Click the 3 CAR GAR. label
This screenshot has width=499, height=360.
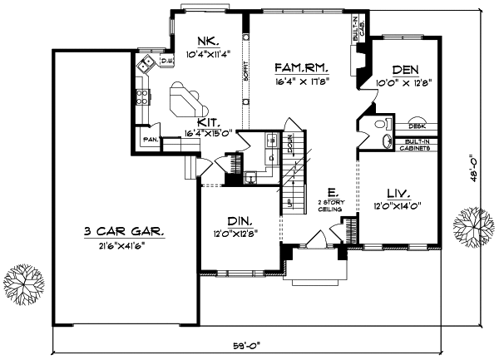(x=123, y=231)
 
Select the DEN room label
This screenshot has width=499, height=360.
(x=403, y=71)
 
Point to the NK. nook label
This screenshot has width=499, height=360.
(x=207, y=42)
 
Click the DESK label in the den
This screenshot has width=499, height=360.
(x=417, y=126)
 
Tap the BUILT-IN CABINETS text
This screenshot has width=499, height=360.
(x=419, y=145)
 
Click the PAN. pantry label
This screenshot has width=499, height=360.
(x=151, y=139)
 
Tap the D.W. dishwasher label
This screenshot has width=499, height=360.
(x=166, y=61)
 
